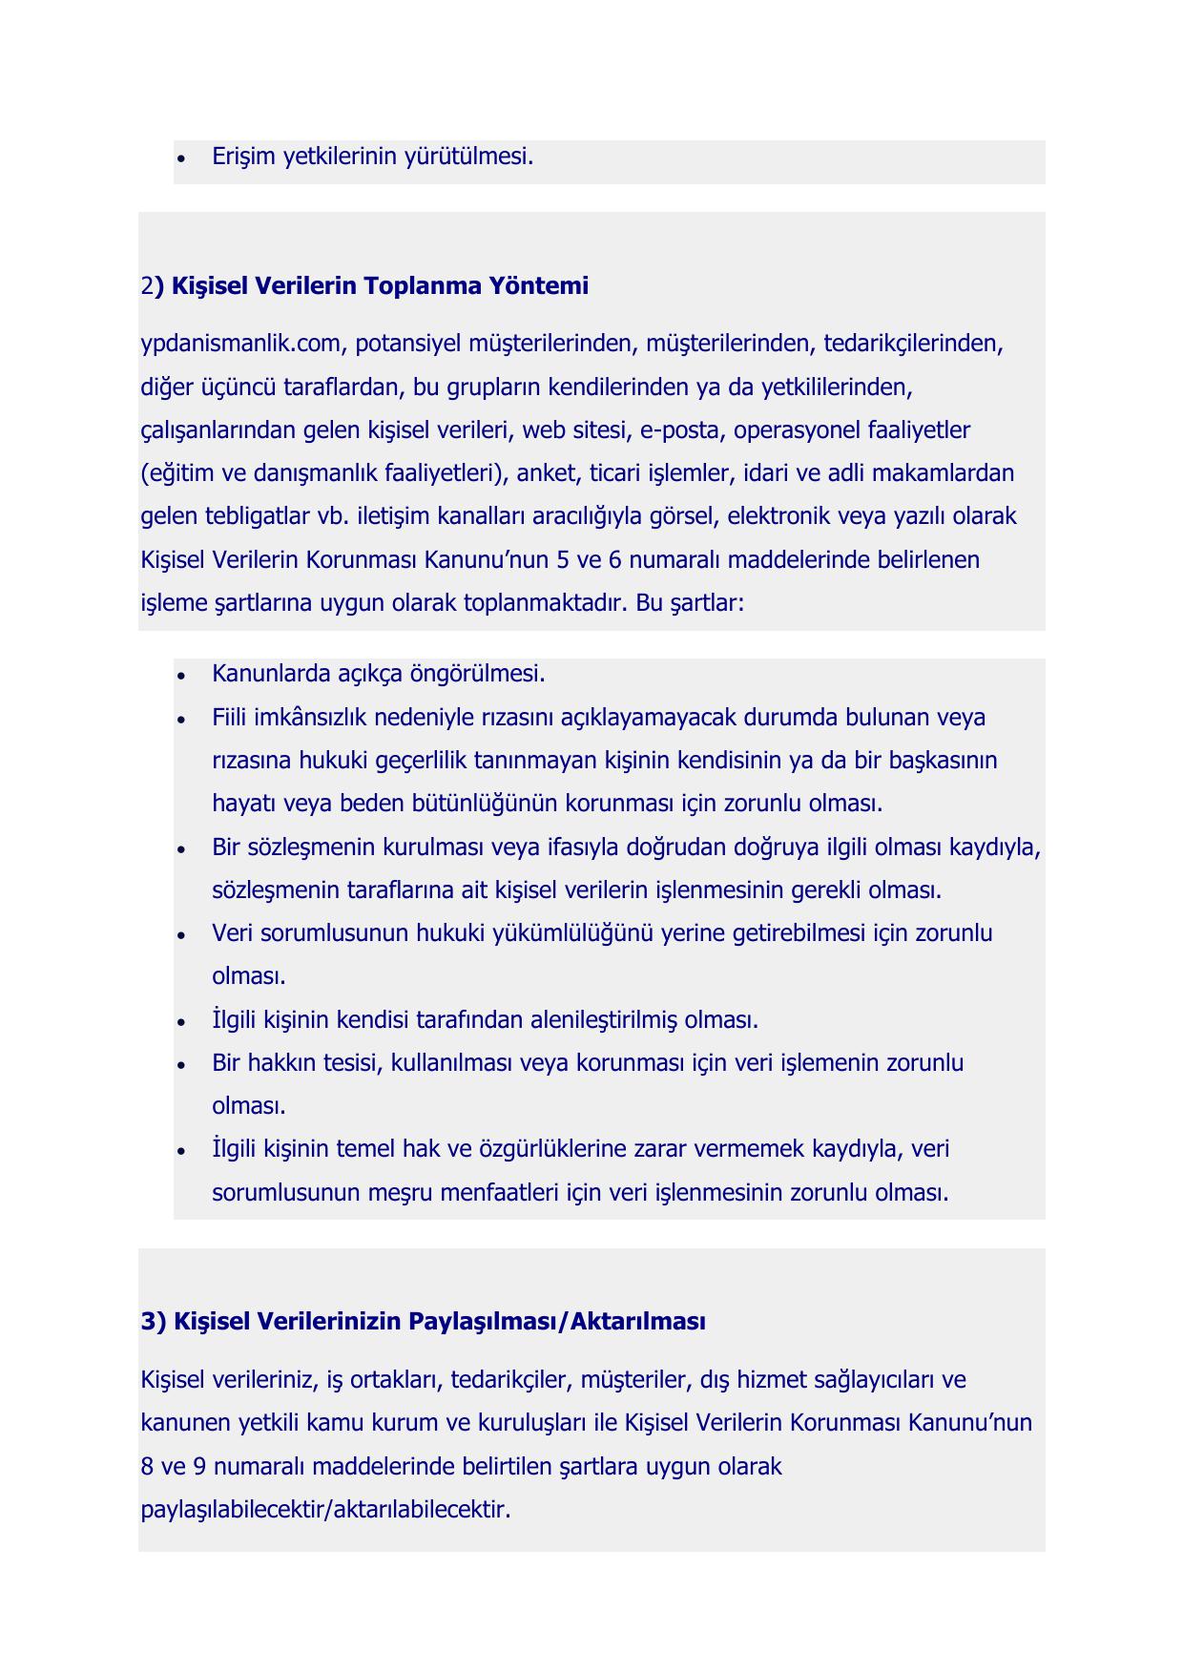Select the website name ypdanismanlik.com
pos(234,344)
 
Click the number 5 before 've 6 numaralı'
pos(562,559)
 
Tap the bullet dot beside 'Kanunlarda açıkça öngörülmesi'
pos(181,676)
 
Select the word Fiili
pos(229,717)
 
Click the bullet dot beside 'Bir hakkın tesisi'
pos(181,1064)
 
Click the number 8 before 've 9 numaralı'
pos(147,1466)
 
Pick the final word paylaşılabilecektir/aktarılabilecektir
pos(325,1510)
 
